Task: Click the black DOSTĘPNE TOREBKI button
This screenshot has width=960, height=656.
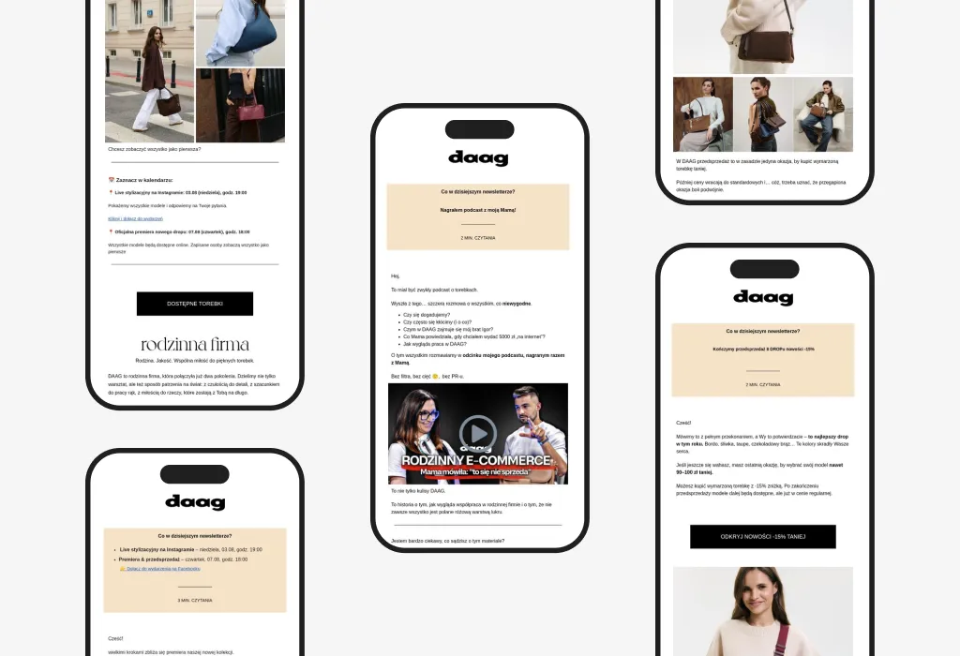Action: (195, 304)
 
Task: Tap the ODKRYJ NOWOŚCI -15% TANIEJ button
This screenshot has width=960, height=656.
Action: (762, 537)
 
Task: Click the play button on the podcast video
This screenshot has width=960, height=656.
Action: (478, 432)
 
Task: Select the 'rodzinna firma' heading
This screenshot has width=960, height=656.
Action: (195, 345)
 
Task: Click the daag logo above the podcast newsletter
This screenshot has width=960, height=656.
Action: (478, 157)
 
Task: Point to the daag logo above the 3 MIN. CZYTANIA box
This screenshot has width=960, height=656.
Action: (195, 501)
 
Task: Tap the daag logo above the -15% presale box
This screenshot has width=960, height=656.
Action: (763, 297)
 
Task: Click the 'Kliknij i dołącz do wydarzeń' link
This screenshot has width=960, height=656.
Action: (136, 218)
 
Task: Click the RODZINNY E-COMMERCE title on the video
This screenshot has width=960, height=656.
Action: (477, 460)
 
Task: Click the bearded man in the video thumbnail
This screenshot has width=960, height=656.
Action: (527, 416)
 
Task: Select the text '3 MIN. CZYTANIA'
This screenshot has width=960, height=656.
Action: (195, 600)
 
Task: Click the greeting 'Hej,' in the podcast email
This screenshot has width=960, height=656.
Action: (396, 276)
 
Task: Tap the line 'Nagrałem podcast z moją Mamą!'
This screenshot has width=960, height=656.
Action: (478, 210)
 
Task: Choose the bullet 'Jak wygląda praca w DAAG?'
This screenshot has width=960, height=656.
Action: (434, 344)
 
